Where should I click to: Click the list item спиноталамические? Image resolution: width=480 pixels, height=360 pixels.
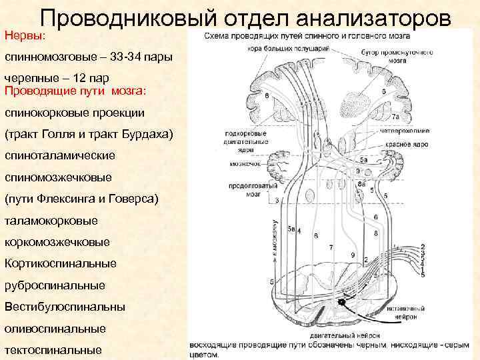[x=60, y=155]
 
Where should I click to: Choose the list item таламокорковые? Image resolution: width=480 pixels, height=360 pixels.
[x=51, y=220]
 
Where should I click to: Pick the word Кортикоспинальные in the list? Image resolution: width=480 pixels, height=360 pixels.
[x=60, y=263]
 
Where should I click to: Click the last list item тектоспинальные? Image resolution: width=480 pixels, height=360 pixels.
[x=53, y=350]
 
